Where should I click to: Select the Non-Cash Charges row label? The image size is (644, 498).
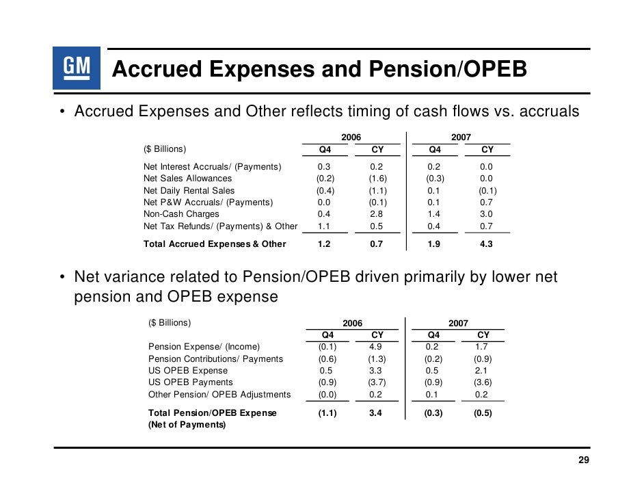tap(181, 214)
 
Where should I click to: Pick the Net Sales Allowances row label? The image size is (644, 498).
tap(187, 179)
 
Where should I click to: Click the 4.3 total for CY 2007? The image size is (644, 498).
tap(487, 244)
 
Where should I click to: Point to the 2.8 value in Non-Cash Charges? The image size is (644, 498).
tap(377, 214)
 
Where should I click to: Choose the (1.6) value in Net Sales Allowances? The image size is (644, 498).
tap(377, 179)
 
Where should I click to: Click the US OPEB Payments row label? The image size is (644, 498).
tap(190, 382)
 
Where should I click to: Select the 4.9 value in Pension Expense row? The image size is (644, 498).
tap(377, 347)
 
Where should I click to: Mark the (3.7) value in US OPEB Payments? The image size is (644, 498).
tap(377, 382)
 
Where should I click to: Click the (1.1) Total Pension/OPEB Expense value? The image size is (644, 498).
tap(327, 413)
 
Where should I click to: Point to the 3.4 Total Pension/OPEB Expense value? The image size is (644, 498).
tap(377, 413)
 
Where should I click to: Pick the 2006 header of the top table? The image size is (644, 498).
tap(351, 137)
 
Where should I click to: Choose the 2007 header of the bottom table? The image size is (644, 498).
tap(459, 323)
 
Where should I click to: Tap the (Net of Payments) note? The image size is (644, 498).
tap(186, 425)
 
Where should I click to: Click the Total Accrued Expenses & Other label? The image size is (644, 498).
tap(215, 244)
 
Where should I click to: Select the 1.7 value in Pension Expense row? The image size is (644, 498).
tap(483, 347)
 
